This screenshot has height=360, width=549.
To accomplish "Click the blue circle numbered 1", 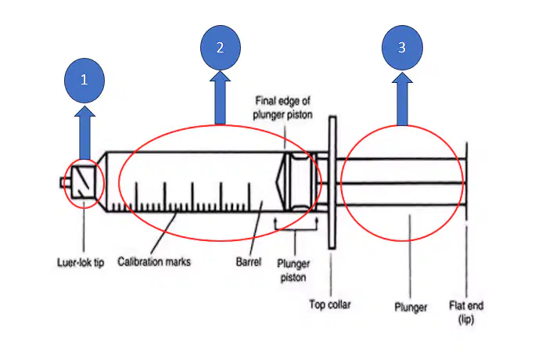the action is (84, 81).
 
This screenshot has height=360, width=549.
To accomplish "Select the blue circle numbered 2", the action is (221, 47).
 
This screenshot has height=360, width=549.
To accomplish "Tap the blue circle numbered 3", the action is (402, 47).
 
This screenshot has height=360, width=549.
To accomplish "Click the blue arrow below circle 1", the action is (84, 133).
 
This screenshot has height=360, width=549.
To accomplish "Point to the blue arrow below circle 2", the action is (220, 98).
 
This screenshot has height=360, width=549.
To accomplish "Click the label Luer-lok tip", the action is (81, 262).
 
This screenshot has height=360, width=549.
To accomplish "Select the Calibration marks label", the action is (154, 261).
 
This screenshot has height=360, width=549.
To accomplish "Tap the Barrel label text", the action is (249, 261).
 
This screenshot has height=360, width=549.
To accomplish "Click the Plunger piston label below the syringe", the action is (293, 270).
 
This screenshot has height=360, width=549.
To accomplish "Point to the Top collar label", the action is (330, 304).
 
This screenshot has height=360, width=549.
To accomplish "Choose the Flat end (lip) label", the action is (466, 312).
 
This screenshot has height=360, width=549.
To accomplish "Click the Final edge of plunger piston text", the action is (282, 108).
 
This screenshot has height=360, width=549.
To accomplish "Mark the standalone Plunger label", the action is (411, 307).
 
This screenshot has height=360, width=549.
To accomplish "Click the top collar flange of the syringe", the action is (332, 182).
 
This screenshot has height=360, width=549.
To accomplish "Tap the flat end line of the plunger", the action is (466, 182).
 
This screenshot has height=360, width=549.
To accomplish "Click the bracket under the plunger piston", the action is (296, 229).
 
